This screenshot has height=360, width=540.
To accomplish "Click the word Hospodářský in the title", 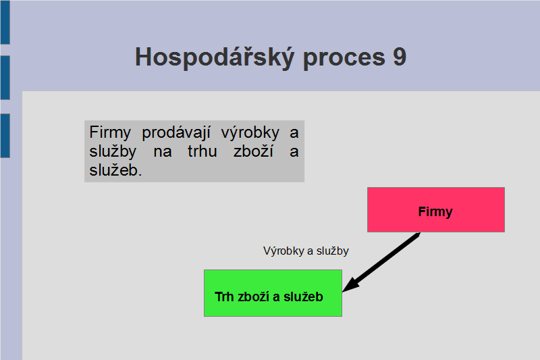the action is pyautogui.click(x=215, y=57).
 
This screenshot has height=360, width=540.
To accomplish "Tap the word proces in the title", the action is pyautogui.click(x=344, y=58).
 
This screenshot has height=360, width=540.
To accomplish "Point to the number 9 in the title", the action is pyautogui.click(x=400, y=57).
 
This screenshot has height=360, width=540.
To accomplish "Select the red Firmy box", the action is pyautogui.click(x=436, y=210).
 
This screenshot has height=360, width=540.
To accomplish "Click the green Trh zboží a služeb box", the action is pyautogui.click(x=273, y=293).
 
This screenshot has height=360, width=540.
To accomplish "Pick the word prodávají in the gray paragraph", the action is pyautogui.click(x=176, y=132).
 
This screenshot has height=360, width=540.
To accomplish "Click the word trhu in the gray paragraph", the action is pyautogui.click(x=202, y=151).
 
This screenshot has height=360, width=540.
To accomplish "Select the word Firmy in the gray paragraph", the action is pyautogui.click(x=110, y=132).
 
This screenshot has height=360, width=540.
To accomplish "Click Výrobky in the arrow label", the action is pyautogui.click(x=283, y=251).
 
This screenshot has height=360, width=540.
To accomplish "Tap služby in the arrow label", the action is pyautogui.click(x=332, y=251).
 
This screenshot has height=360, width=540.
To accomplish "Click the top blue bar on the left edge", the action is pyautogui.click(x=5, y=22).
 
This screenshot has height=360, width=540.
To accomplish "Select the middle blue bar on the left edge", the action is pyautogui.click(x=5, y=78).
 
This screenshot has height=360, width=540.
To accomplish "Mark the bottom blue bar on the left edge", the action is pyautogui.click(x=5, y=136).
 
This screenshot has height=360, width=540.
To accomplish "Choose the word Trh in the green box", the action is pyautogui.click(x=224, y=297).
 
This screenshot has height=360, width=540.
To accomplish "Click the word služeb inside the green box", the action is pyautogui.click(x=303, y=297).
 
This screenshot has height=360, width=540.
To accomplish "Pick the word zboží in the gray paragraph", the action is pyautogui.click(x=254, y=151).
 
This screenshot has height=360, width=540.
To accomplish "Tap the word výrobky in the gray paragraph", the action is pyautogui.click(x=250, y=132).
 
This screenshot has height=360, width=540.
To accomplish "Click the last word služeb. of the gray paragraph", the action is pyautogui.click(x=115, y=170).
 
